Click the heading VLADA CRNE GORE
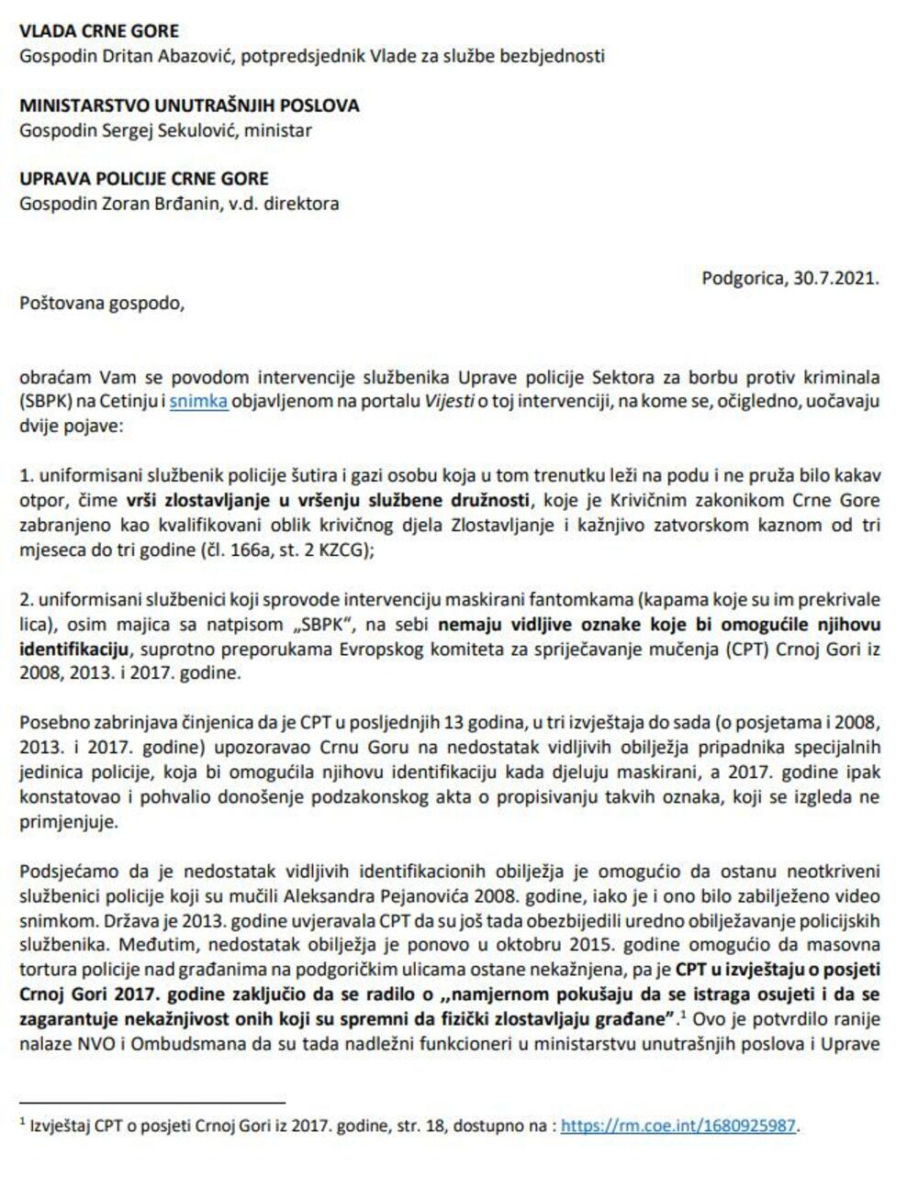coord(99,31)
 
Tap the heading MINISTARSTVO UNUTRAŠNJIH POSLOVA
coord(189,105)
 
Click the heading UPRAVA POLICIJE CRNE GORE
coord(144,179)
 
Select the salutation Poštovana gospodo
coord(101,303)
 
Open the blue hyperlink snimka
coord(198,401)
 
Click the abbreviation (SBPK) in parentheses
coord(46,401)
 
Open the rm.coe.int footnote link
coord(679,1126)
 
